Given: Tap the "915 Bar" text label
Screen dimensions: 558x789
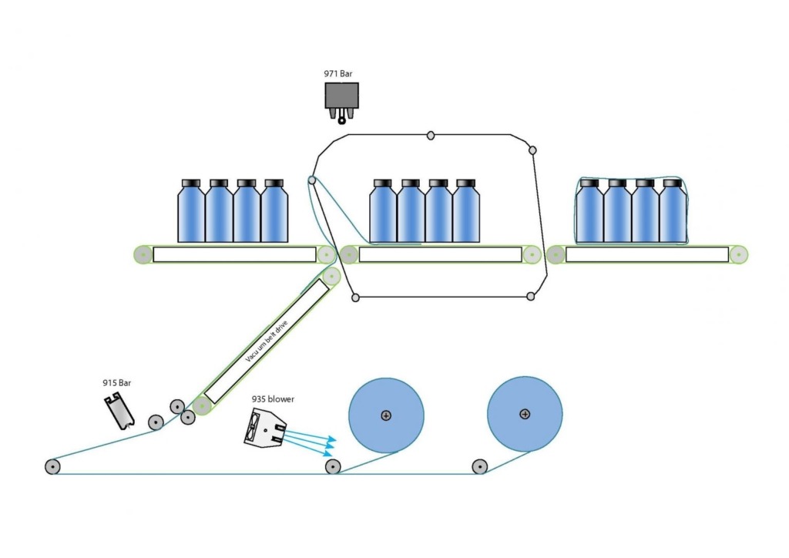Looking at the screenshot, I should click(x=116, y=382).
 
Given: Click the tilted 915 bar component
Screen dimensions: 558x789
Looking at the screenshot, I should click(x=119, y=410).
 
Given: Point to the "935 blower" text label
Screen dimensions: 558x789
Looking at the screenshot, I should click(x=273, y=399).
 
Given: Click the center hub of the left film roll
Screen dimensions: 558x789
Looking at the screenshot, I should click(x=386, y=415).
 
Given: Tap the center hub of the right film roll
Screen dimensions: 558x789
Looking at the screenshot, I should click(x=525, y=415).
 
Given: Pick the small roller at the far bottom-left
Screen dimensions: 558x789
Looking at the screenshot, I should click(x=52, y=466).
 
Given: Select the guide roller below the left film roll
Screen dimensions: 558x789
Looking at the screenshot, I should click(x=333, y=466).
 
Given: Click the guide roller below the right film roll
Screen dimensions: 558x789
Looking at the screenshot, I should click(x=479, y=466).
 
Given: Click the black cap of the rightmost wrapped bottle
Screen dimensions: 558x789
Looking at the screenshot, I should click(x=673, y=183).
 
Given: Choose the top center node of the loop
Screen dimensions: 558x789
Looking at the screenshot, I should click(x=431, y=136).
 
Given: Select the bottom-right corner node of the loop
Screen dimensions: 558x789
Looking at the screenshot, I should click(x=530, y=296).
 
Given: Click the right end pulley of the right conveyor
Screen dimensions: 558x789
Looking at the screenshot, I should click(x=739, y=254).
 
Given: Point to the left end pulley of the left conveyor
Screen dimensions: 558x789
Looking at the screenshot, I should click(x=143, y=254).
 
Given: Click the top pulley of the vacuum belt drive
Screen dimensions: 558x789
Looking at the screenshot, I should click(x=331, y=276).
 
